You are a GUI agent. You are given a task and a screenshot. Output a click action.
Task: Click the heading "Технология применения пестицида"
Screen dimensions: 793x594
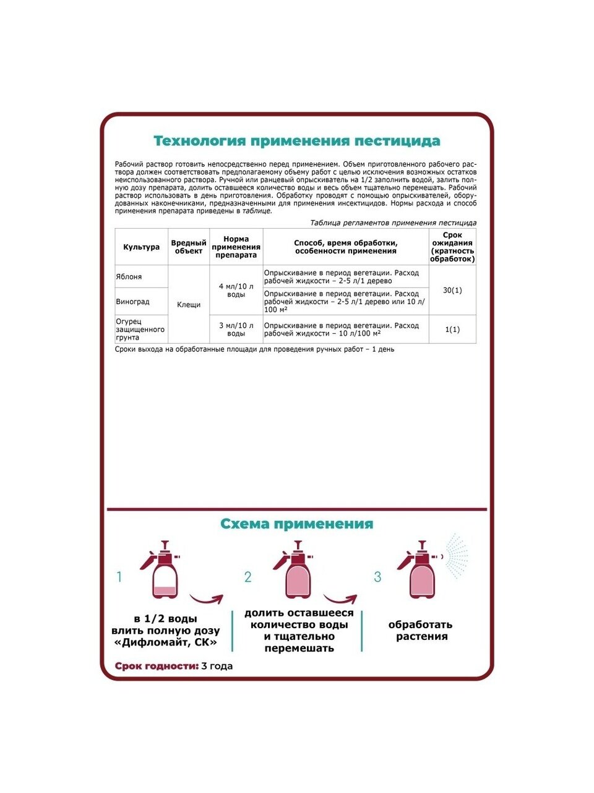[297, 141]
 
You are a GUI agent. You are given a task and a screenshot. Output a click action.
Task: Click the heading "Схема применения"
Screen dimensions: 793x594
[297, 524]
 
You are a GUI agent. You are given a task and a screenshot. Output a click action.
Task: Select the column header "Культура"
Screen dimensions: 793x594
[141, 247]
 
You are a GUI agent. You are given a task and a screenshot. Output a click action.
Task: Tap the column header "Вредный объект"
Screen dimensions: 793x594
[189, 247]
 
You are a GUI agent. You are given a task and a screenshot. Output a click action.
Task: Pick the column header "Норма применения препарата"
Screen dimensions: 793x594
[236, 247]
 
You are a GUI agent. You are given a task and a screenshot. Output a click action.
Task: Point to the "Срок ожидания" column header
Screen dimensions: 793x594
[452, 247]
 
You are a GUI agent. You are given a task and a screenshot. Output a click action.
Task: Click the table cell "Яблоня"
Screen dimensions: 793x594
[129, 277]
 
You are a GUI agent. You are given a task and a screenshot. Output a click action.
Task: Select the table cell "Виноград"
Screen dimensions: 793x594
[133, 302]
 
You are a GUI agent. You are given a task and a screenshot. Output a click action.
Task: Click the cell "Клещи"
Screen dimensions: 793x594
[189, 305]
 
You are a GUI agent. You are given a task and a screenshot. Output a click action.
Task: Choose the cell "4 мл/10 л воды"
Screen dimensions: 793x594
[236, 291]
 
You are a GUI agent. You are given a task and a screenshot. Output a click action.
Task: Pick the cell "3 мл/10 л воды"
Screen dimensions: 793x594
[236, 330]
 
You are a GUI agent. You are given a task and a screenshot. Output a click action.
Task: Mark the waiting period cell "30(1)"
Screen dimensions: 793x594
[452, 291]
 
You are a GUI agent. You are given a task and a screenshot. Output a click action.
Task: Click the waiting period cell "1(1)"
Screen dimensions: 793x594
[452, 330]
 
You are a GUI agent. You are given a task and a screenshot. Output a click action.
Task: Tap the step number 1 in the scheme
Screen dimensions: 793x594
[119, 577]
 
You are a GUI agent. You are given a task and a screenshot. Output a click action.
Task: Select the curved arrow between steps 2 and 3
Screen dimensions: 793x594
[340, 600]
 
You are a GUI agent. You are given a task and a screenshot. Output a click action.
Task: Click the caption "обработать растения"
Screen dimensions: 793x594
[421, 631]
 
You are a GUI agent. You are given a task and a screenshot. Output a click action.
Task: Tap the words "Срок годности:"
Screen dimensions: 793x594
[156, 666]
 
